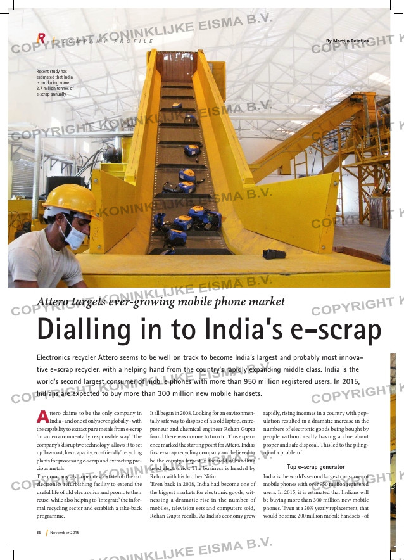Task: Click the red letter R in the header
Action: coord(41,39)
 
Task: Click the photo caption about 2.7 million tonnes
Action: coord(55,82)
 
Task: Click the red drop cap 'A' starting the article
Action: coord(42,416)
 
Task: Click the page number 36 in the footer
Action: coord(38,533)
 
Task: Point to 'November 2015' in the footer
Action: coord(65,533)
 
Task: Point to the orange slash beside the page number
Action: coord(46,533)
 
